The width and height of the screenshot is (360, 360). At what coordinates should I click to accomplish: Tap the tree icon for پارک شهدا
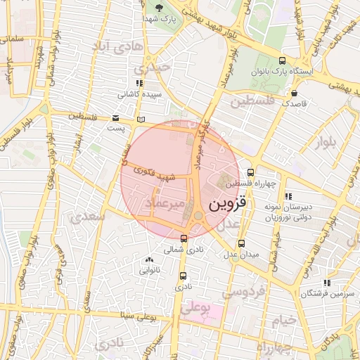pyautogui.click(x=160, y=9)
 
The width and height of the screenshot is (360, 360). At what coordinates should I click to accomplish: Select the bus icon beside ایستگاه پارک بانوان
pyautogui.click(x=282, y=60)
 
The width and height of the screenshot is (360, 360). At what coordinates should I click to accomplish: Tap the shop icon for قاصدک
pyautogui.click(x=294, y=92)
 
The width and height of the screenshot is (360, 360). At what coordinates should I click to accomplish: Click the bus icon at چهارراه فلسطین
pyautogui.click(x=250, y=172)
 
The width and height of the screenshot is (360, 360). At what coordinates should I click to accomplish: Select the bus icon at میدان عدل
pyautogui.click(x=242, y=243)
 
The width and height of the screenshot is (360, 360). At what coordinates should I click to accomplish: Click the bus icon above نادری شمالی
pyautogui.click(x=184, y=238)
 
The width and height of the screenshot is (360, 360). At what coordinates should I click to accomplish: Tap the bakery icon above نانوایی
pyautogui.click(x=150, y=260)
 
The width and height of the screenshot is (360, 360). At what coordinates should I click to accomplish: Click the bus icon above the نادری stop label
pyautogui.click(x=184, y=276)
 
